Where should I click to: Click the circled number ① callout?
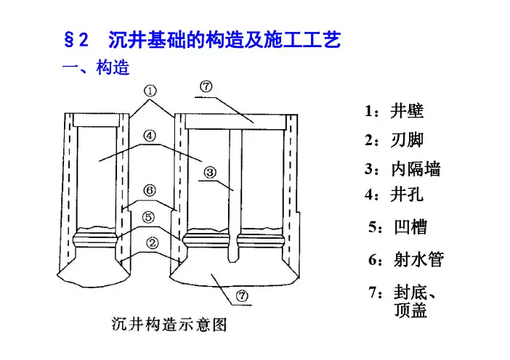point(150,91)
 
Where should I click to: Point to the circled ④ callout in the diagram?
point(148,136)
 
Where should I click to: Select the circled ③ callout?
point(209,173)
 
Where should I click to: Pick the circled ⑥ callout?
point(149,191)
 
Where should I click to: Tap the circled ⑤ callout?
point(148,217)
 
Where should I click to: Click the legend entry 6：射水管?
point(406,259)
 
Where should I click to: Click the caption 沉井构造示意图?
point(169,324)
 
